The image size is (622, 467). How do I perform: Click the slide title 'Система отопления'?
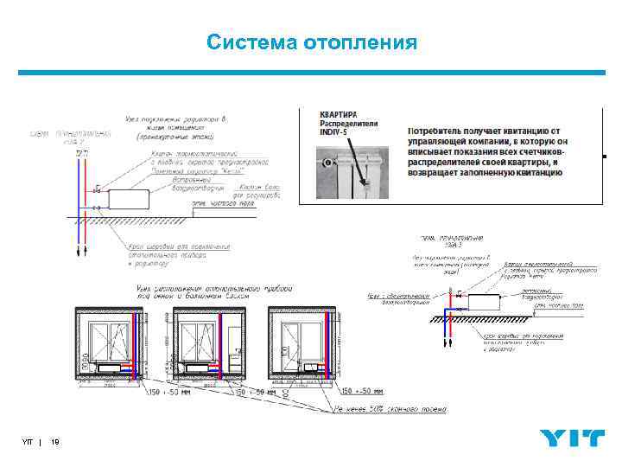click(x=312, y=42)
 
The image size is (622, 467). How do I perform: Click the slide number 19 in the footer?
click(x=55, y=443)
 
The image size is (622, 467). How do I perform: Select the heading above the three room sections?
click(x=212, y=291)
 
